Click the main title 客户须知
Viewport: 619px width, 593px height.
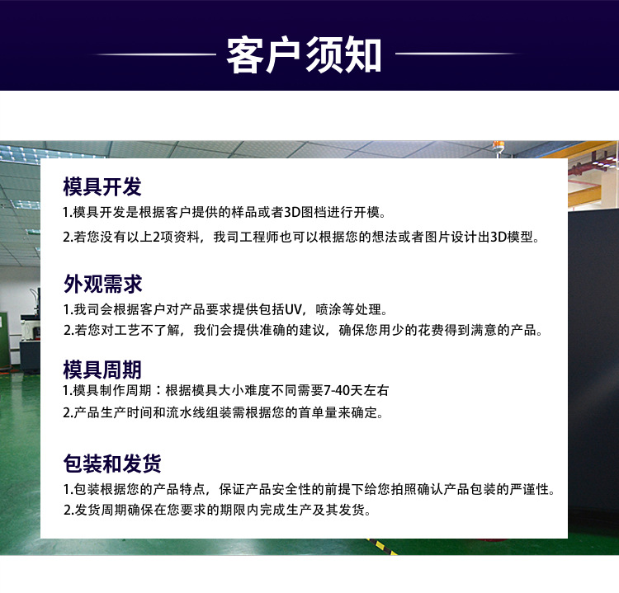pos(304,54)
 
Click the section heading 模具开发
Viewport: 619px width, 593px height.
pos(102,186)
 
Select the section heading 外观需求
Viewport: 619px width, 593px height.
pos(102,284)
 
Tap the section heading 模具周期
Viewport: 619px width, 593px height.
pos(102,369)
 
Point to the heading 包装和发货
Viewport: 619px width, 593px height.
pos(112,464)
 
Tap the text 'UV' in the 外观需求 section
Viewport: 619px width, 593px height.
pos(293,309)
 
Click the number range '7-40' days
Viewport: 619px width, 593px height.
pos(337,391)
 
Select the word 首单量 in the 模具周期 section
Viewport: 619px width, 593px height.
pos(318,412)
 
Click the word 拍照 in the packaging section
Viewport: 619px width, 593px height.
pos(404,489)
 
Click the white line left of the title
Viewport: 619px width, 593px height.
pos(154,54)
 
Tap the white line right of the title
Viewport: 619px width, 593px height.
pos(457,54)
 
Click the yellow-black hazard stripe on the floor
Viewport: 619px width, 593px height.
pos(381,547)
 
